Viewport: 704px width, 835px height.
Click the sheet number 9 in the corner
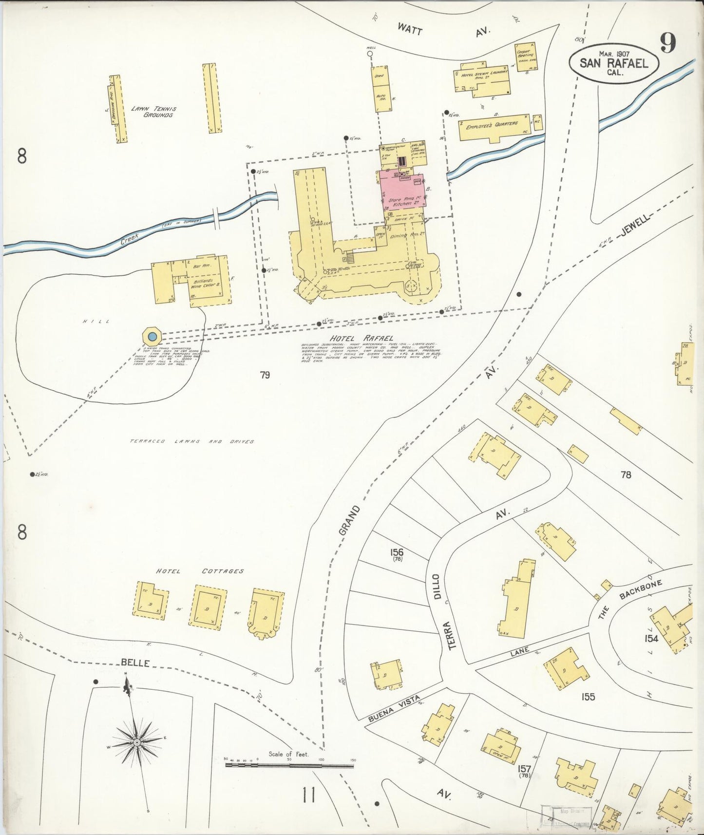click(668, 43)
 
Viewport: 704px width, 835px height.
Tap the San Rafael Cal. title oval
click(613, 64)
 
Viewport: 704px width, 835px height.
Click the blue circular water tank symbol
click(152, 336)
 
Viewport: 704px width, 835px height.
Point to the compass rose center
click(137, 742)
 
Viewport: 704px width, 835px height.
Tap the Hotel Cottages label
click(200, 571)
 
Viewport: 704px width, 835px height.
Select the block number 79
click(265, 375)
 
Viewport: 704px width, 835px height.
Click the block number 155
click(588, 697)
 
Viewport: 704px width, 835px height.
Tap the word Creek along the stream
click(130, 238)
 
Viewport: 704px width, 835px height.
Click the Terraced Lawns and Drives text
click(192, 441)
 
